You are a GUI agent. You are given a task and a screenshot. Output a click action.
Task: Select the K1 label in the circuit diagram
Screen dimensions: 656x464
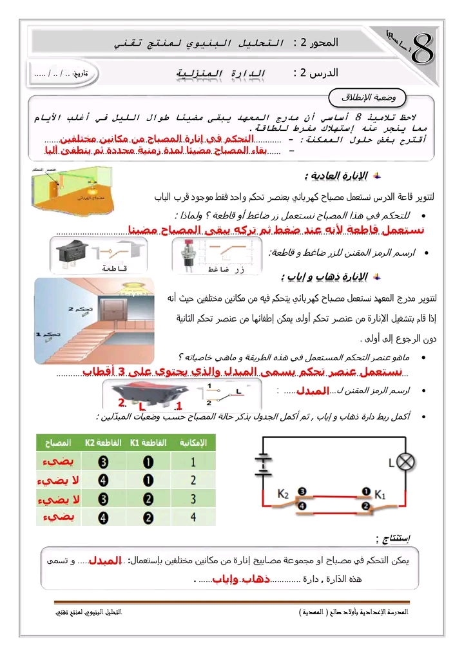tap(380, 495)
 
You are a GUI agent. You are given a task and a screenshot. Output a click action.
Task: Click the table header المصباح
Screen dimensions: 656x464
tap(58, 443)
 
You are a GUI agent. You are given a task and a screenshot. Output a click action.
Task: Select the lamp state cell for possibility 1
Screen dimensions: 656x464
tap(58, 462)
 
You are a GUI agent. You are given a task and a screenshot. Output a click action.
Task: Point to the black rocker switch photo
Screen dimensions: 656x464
tap(73, 252)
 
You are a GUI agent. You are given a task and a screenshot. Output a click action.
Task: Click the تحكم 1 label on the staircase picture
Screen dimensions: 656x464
tap(46, 334)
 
